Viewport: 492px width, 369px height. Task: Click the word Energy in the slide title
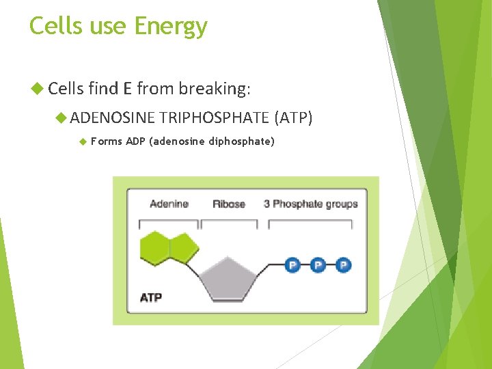click(x=171, y=27)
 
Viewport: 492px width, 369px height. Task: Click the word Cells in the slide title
click(x=55, y=27)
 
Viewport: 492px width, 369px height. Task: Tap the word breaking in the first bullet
click(x=214, y=88)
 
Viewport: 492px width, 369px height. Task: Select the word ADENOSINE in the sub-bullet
click(x=113, y=118)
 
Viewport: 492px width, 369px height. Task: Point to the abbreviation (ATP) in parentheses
click(x=293, y=118)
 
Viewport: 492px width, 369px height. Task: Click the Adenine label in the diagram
click(x=169, y=204)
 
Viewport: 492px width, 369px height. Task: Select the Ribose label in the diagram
click(x=228, y=204)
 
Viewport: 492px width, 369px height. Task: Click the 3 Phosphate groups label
click(x=310, y=204)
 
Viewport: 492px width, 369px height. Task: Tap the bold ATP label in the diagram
click(x=151, y=297)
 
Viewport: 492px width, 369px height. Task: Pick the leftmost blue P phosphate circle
click(x=292, y=264)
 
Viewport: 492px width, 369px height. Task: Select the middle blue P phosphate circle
click(x=318, y=264)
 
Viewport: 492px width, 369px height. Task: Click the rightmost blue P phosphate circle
click(x=343, y=264)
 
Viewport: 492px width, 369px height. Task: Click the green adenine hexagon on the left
click(x=155, y=247)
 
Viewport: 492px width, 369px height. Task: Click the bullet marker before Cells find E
click(x=37, y=88)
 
